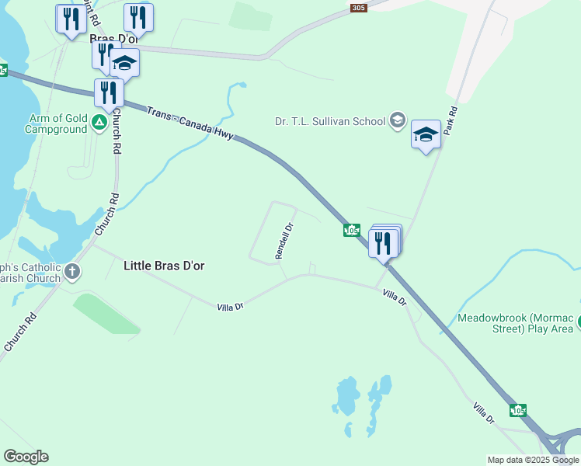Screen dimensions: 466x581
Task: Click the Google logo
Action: click(26, 457)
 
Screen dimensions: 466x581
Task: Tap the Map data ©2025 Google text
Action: click(533, 460)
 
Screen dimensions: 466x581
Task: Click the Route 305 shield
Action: click(358, 8)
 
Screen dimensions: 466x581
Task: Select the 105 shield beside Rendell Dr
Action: click(352, 231)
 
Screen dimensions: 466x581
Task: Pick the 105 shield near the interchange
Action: click(517, 409)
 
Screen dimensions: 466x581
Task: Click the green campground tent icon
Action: click(99, 122)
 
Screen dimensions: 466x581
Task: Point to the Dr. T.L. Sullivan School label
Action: click(330, 121)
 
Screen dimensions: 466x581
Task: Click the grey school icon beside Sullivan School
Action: click(398, 120)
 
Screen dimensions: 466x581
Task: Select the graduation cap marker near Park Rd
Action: click(426, 135)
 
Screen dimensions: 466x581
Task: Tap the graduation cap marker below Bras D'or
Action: click(124, 62)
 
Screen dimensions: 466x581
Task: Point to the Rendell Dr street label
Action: click(284, 241)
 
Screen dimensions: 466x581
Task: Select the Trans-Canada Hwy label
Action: click(190, 123)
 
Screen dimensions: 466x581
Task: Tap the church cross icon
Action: click(72, 272)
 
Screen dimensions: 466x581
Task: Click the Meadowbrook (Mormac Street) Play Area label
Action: click(516, 323)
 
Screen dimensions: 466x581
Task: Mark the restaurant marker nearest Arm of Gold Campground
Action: click(108, 92)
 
